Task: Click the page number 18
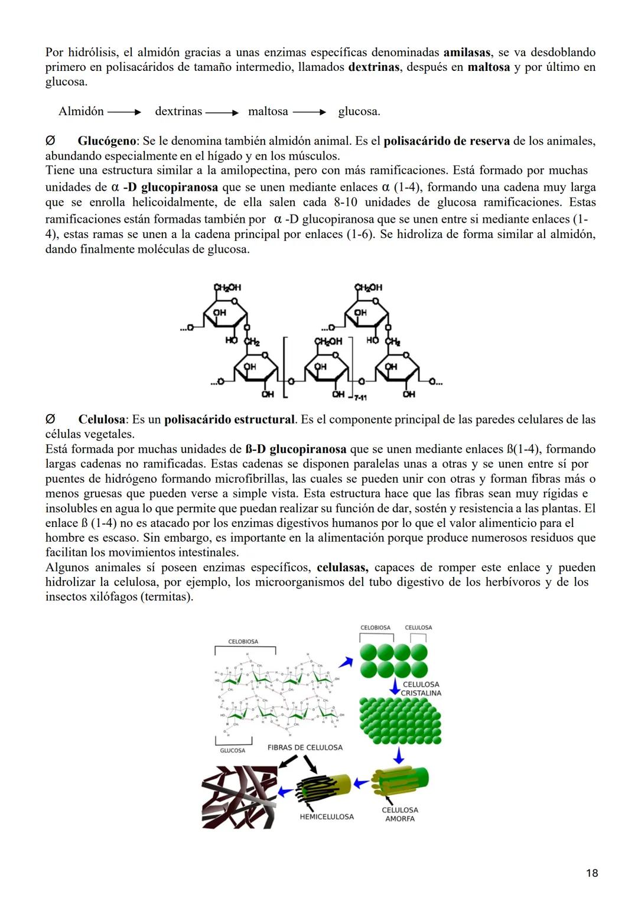(592, 873)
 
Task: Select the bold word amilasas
(467, 52)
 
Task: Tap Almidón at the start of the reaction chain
(81, 111)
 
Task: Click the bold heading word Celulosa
(102, 419)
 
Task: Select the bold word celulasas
(342, 567)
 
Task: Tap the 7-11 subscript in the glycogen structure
(360, 398)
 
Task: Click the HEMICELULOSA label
(327, 817)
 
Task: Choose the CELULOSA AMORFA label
(400, 814)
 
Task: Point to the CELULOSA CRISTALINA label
(421, 688)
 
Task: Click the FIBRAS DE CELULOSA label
(305, 747)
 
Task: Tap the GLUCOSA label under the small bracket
(233, 750)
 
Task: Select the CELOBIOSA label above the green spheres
(375, 627)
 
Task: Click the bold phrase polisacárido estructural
(229, 419)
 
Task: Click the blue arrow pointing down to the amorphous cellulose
(399, 755)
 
